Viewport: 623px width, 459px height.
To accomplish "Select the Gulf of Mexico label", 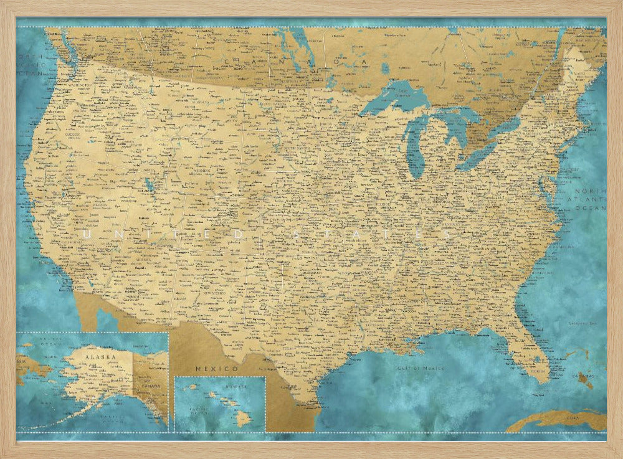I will click(x=422, y=368).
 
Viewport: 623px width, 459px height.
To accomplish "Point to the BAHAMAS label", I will click(x=586, y=376).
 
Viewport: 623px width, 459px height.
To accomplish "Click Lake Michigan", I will click(x=414, y=147).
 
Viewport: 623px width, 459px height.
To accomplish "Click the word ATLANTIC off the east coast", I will click(x=589, y=199).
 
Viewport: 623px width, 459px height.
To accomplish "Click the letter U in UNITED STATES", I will click(x=85, y=234).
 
